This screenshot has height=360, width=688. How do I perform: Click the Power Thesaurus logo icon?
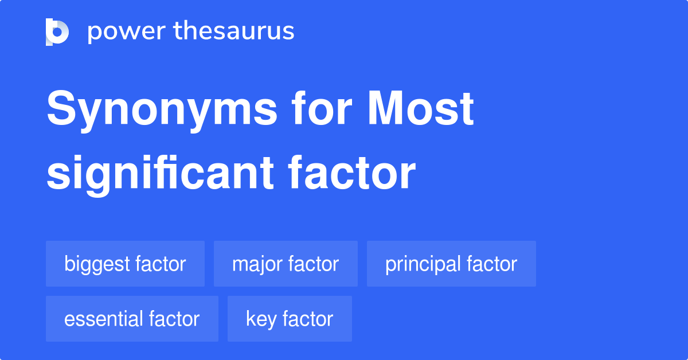tap(57, 32)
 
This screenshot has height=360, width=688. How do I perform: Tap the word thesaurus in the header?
tap(234, 32)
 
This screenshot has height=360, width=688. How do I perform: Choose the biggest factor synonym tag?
tap(125, 264)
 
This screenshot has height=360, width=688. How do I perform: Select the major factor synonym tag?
tap(286, 264)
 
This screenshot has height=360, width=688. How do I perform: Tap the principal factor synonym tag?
tap(451, 264)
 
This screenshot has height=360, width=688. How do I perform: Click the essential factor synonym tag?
tap(132, 319)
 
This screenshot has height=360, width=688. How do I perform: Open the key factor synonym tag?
tap(290, 319)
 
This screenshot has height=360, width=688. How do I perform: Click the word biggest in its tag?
tap(97, 264)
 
